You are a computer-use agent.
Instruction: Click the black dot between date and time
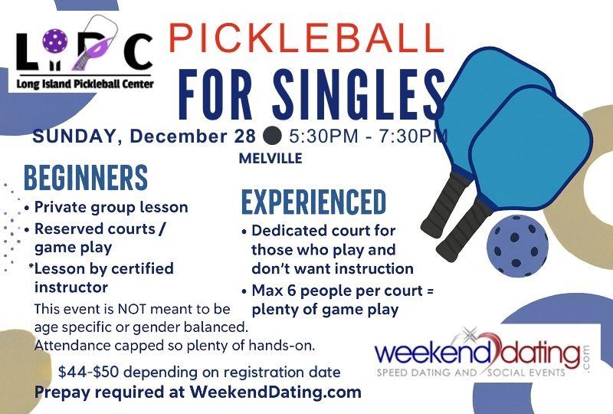pyautogui.click(x=272, y=137)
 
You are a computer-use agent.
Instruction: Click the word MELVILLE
pyautogui.click(x=271, y=159)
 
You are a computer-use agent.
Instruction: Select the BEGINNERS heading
pyautogui.click(x=85, y=178)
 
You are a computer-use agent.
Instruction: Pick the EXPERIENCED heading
pyautogui.click(x=314, y=202)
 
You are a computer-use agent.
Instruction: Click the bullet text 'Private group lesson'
pyautogui.click(x=111, y=207)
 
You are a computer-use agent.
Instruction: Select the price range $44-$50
pyautogui.click(x=90, y=373)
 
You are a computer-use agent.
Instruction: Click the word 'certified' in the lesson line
pyautogui.click(x=142, y=268)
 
